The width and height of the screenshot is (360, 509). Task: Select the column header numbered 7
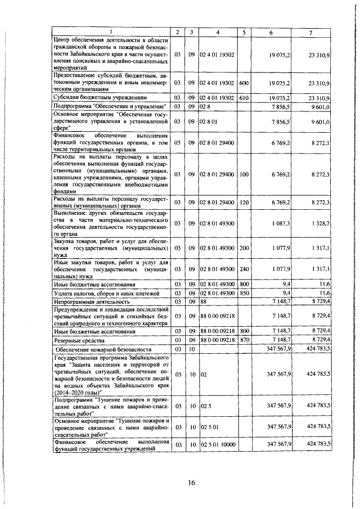310,32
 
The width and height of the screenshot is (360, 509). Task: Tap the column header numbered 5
244,32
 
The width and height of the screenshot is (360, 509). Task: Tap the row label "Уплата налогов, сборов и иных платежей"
102,294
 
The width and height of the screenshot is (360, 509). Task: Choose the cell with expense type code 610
244,98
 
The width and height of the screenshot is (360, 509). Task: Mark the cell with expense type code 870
244,341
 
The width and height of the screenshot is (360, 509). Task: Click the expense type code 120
244,202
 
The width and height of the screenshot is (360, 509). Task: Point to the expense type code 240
244,269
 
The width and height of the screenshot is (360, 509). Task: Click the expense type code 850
244,294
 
